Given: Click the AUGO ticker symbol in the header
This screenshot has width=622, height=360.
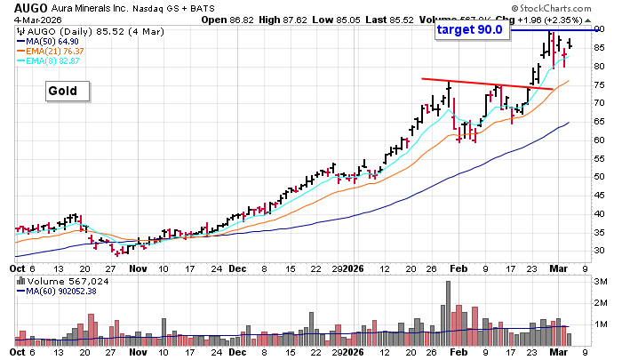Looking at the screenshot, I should click(x=19, y=7).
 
